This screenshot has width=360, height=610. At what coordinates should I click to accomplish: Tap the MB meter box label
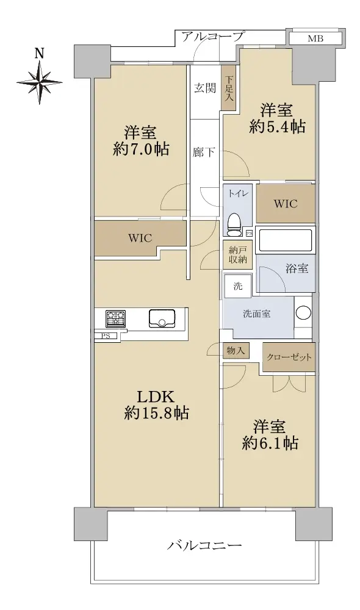tap(315, 38)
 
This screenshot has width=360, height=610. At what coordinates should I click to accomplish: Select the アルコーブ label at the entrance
tap(212, 37)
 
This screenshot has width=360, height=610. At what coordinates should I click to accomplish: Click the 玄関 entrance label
tap(205, 88)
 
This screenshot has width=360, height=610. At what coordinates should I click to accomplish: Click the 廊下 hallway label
tap(204, 152)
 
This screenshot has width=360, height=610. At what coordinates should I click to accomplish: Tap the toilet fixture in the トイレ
tap(234, 225)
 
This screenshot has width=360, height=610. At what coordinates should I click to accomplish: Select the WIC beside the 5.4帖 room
tap(286, 204)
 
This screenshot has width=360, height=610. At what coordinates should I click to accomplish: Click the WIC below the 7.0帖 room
tap(140, 238)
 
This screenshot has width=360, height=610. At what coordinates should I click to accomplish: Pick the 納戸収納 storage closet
tap(237, 254)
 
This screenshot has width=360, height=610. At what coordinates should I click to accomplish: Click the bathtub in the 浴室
tap(286, 240)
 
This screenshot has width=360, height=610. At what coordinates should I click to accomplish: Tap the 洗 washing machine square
tap(237, 286)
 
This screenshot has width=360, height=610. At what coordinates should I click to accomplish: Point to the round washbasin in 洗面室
tap(303, 313)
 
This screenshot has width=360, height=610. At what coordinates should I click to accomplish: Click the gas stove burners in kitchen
tap(115, 318)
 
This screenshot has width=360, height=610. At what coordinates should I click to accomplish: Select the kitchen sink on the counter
tap(163, 318)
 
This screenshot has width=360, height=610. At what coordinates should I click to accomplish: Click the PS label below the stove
tap(106, 336)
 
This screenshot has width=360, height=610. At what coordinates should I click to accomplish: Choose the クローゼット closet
tap(289, 357)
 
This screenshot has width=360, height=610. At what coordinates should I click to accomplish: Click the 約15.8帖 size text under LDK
tap(157, 414)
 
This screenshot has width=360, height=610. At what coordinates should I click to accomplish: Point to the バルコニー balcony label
tap(204, 545)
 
